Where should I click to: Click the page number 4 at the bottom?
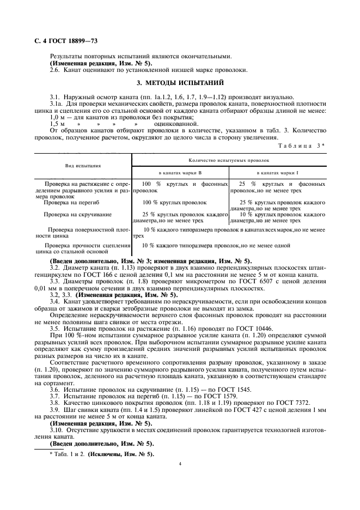pyautogui.click(x=180, y=464)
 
